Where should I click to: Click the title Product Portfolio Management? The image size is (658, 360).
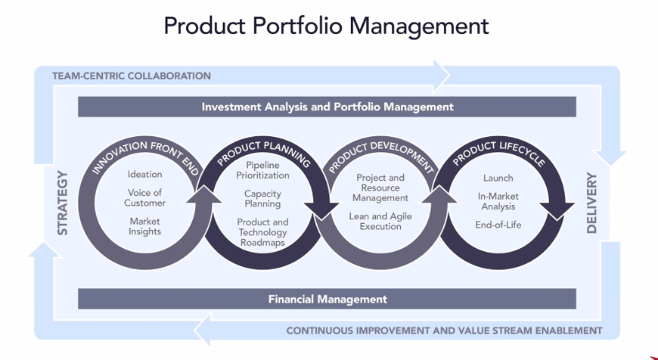click(326, 26)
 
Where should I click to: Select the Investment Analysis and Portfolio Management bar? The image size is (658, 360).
click(327, 107)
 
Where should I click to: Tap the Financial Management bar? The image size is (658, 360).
click(327, 299)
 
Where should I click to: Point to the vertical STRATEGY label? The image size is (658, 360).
click(63, 203)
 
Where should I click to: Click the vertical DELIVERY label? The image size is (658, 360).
click(591, 203)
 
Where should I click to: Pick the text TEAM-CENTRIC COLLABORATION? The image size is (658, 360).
click(132, 76)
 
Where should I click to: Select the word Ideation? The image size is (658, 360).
click(144, 175)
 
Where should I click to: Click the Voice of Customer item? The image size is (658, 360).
click(145, 198)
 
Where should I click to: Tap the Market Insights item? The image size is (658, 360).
click(144, 226)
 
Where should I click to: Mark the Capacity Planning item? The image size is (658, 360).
click(262, 199)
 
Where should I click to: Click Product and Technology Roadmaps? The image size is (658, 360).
click(262, 232)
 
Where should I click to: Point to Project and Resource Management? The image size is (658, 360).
click(380, 188)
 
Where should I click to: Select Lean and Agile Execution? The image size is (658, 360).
click(380, 221)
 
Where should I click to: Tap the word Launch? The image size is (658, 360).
click(498, 178)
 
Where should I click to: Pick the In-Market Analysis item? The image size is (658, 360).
click(497, 201)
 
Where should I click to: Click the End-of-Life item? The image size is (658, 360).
click(498, 225)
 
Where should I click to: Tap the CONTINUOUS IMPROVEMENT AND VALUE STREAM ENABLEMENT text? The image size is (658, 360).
click(444, 331)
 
